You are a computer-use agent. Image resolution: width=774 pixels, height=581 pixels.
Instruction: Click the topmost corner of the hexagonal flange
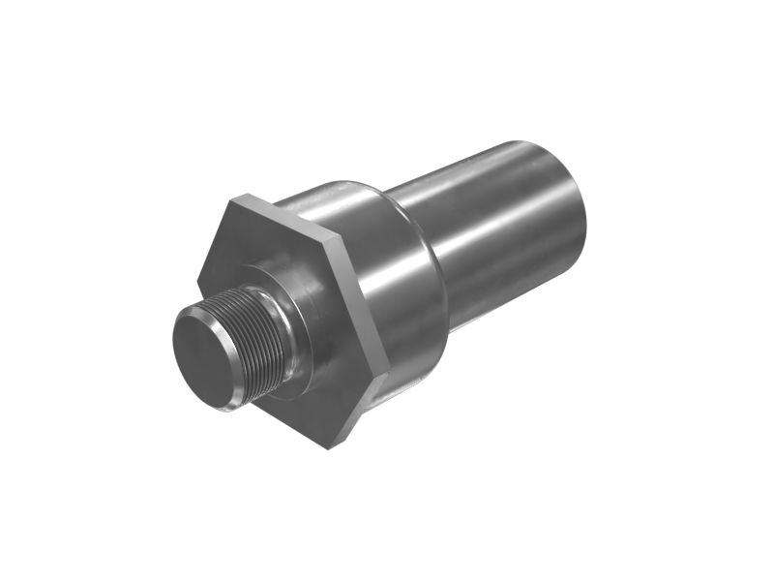[x=235, y=197]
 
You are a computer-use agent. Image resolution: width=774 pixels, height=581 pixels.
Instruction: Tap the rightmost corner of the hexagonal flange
[x=388, y=370]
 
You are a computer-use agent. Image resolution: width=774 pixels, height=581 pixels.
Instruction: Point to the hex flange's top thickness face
[x=285, y=214]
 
